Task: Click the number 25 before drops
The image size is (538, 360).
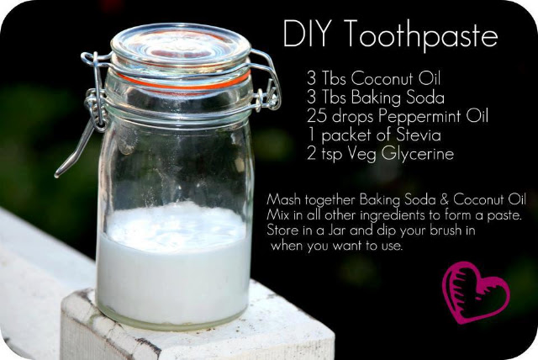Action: (316, 116)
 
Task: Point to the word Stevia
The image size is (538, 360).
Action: (419, 135)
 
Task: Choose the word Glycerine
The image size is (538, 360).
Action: (418, 154)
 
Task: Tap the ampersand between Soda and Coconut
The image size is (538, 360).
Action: (444, 199)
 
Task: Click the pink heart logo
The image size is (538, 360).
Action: (475, 293)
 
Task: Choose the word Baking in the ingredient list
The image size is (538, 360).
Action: (376, 98)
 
